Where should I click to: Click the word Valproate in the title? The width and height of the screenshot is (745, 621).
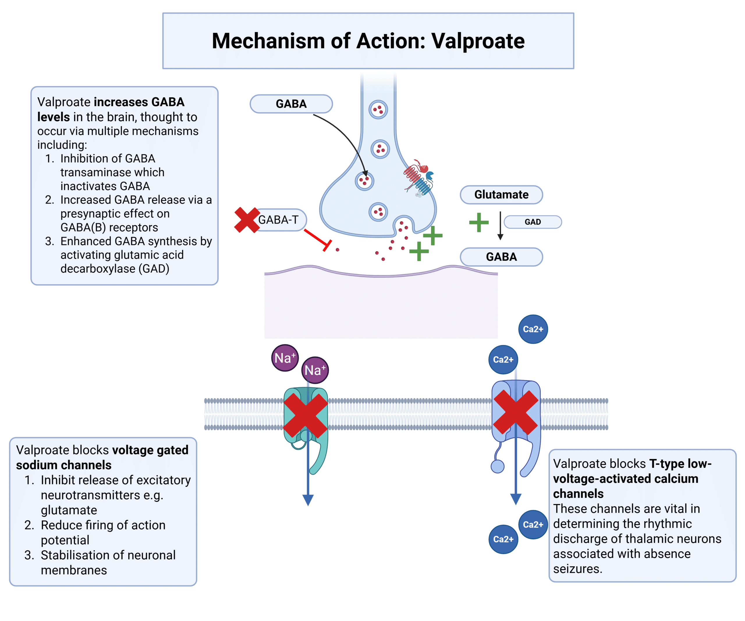point(478,41)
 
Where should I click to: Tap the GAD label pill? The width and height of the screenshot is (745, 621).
point(533,222)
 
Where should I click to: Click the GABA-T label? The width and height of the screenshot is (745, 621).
point(279,220)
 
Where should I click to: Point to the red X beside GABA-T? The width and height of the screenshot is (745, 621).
point(247,220)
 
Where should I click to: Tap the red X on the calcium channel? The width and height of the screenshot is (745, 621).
point(516,412)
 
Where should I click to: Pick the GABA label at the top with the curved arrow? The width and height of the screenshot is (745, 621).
point(291,104)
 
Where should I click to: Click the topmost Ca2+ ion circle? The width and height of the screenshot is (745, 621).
point(533,329)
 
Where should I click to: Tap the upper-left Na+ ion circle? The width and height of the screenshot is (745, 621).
point(285,358)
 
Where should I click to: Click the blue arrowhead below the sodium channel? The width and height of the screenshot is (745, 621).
point(308,500)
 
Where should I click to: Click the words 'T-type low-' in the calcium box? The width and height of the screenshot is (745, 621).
point(680,464)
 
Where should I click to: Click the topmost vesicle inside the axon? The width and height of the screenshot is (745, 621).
point(378,110)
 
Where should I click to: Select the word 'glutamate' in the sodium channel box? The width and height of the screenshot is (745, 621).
point(69,510)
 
